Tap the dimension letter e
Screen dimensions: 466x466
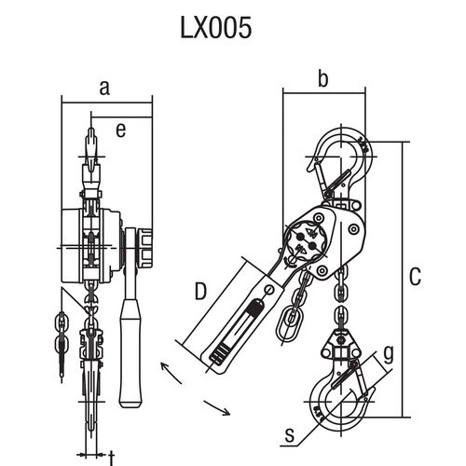(x=120, y=130)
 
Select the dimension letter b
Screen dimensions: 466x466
(x=323, y=80)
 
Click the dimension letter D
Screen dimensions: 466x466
(x=199, y=293)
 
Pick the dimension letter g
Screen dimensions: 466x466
(x=389, y=351)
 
